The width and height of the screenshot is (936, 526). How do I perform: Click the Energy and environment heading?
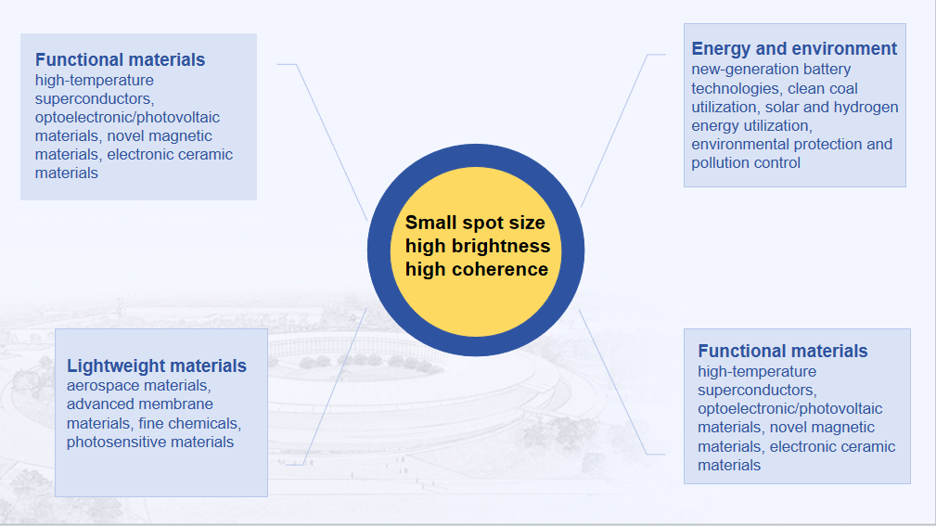[x=794, y=48]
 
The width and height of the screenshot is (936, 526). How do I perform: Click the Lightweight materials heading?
[x=157, y=366]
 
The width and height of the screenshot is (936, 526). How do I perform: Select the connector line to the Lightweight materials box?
[x=334, y=386]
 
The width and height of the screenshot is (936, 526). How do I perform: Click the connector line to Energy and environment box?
[x=615, y=130]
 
